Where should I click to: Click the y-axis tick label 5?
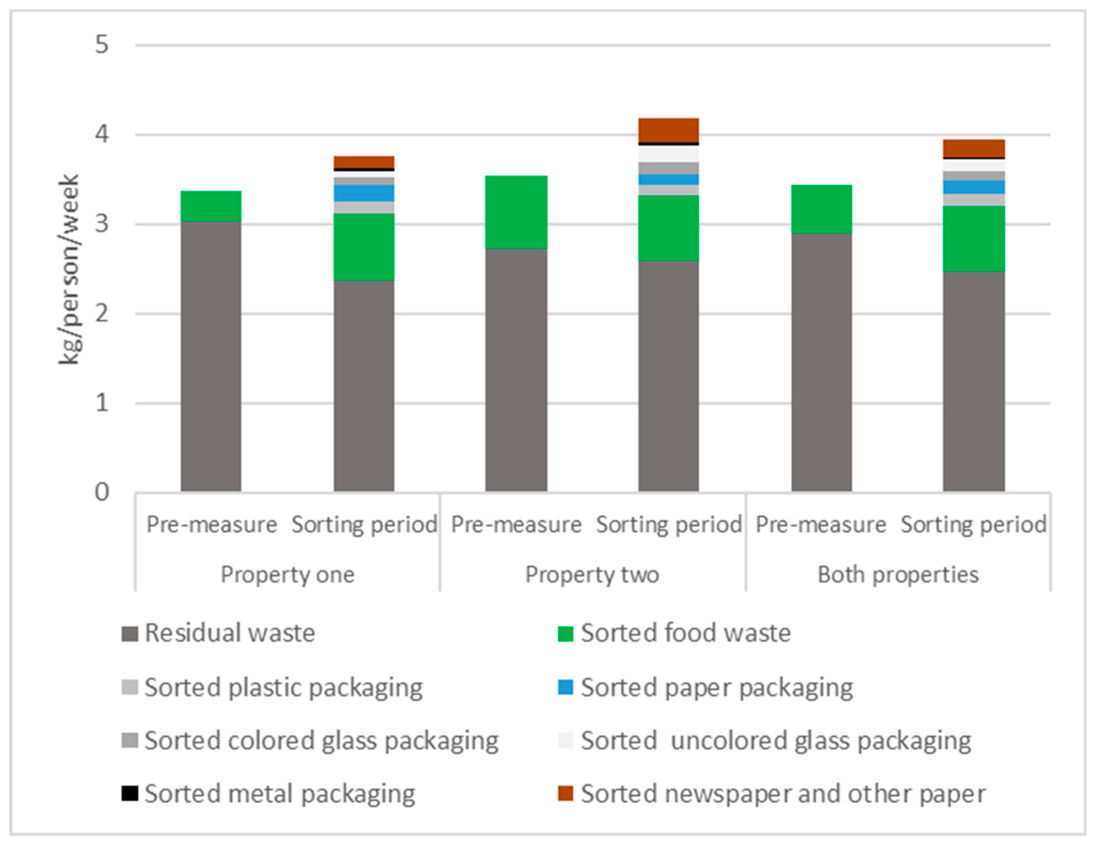(x=102, y=45)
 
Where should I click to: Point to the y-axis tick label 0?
(x=102, y=493)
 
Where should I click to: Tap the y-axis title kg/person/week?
(x=69, y=269)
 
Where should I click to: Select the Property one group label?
(x=288, y=574)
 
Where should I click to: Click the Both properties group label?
(x=898, y=574)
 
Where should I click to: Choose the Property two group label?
(x=592, y=574)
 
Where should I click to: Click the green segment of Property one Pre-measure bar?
(x=211, y=206)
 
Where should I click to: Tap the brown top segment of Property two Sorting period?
(x=668, y=130)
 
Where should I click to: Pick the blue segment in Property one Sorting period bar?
(x=364, y=193)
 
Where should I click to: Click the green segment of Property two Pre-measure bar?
(x=516, y=212)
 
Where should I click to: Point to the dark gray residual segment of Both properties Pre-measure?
(x=822, y=362)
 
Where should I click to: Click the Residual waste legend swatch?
(x=130, y=633)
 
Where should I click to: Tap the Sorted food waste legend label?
(x=685, y=633)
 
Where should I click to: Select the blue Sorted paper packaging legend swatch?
(x=566, y=687)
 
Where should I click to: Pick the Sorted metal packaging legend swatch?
(x=130, y=793)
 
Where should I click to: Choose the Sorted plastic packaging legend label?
(x=283, y=687)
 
